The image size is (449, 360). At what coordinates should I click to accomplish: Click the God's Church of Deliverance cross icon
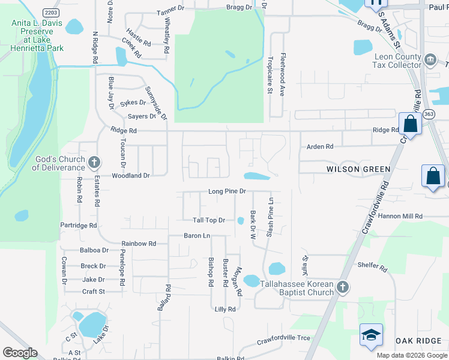94,162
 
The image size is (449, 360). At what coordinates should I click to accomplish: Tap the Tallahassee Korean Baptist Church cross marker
343,287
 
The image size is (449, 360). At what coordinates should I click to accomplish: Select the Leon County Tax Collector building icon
430,59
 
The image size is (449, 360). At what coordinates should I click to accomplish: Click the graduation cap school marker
371,335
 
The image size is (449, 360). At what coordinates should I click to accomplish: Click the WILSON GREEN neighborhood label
358,169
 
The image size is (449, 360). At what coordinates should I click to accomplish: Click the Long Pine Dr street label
227,191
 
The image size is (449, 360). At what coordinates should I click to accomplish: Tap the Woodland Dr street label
130,176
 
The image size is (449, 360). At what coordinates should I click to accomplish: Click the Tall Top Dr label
208,220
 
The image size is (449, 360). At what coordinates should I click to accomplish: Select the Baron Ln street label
197,236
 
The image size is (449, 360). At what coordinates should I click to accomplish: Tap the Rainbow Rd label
139,244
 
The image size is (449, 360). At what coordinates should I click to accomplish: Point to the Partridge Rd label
79,226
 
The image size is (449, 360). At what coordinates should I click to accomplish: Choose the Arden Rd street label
319,146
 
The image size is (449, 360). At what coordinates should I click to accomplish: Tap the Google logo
20,353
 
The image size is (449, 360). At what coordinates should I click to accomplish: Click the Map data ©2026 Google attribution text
411,355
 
